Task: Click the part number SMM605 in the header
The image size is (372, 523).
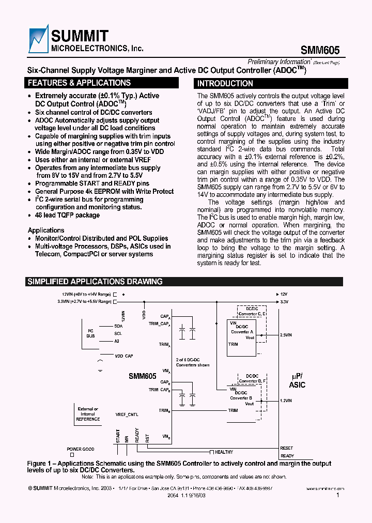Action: tap(320, 49)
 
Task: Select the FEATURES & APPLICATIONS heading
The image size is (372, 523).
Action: tap(79, 83)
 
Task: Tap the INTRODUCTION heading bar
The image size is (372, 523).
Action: tap(225, 83)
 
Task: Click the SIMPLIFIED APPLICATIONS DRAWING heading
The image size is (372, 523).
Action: tap(95, 282)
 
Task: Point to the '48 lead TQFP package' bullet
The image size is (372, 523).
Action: tap(67, 215)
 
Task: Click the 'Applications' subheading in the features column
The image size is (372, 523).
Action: tap(46, 230)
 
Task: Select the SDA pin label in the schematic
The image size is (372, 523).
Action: tap(118, 326)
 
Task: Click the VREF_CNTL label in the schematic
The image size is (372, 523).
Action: tap(127, 414)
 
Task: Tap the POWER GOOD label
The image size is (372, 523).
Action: tap(81, 449)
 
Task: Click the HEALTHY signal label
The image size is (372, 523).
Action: tap(224, 452)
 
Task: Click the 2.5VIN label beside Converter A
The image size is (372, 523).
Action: tap(286, 335)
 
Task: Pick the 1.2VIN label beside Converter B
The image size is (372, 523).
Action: tap(286, 401)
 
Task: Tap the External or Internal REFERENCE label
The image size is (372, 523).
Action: tap(88, 414)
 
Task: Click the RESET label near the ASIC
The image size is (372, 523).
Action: tap(286, 448)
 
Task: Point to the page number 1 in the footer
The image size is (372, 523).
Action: tap(337, 495)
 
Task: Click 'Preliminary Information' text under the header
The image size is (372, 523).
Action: tap(279, 61)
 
